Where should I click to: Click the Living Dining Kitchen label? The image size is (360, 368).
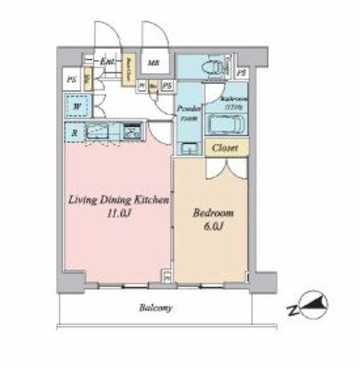click(118, 201)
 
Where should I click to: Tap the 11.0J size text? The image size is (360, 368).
click(117, 213)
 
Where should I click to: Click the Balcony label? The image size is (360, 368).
click(156, 309)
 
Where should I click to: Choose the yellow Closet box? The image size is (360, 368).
click(226, 149)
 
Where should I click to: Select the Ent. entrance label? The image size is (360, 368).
click(108, 63)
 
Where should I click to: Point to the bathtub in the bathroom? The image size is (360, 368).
click(226, 125)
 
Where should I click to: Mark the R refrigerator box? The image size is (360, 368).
click(75, 132)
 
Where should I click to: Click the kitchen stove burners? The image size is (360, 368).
click(132, 132)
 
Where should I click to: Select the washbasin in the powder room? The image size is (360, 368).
click(189, 149)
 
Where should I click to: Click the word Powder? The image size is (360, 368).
click(188, 110)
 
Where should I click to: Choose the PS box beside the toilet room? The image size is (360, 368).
click(242, 73)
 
